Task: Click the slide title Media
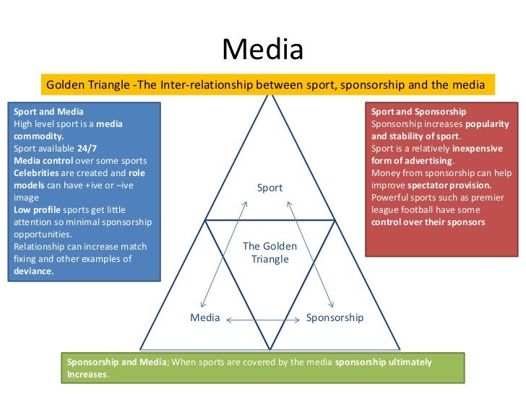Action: tap(262, 50)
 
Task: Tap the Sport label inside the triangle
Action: tap(270, 188)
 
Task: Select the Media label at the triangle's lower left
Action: tap(204, 318)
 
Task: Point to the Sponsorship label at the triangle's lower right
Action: tap(335, 318)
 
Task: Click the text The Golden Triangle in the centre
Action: tap(270, 253)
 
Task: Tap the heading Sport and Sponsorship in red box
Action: tap(418, 112)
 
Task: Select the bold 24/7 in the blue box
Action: tap(87, 148)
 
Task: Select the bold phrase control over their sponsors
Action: tap(428, 222)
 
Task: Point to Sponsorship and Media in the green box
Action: tap(116, 362)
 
